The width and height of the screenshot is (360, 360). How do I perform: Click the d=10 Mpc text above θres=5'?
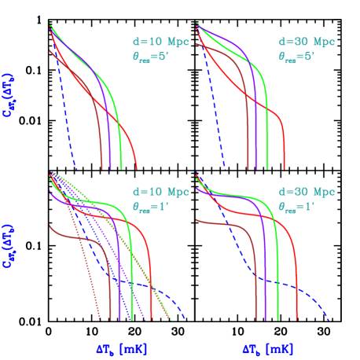click(161, 41)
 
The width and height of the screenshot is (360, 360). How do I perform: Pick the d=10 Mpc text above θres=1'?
click(161, 192)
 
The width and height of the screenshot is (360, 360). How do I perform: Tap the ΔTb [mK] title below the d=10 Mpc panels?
click(119, 347)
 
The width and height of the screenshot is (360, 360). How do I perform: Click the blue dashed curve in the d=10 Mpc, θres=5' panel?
click(62, 118)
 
